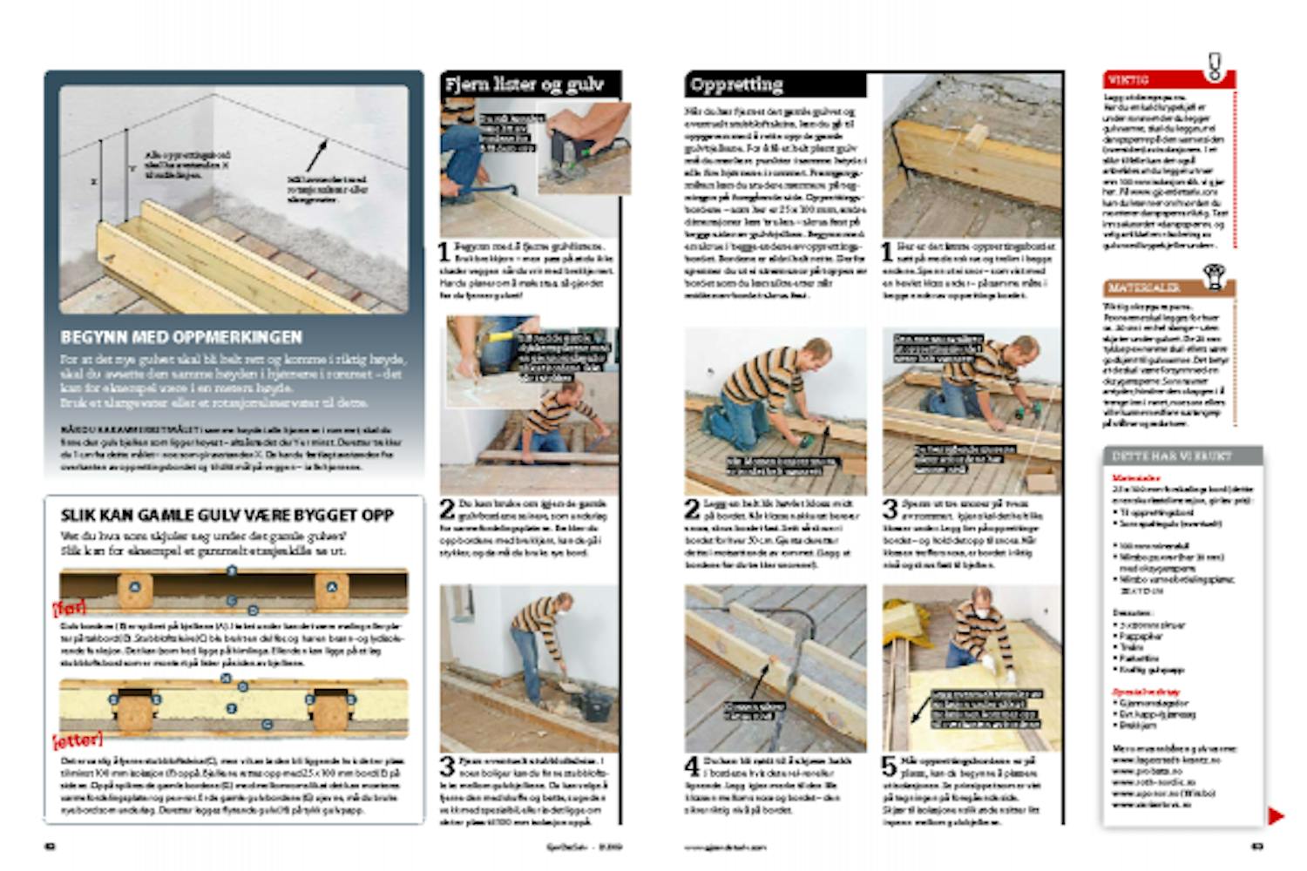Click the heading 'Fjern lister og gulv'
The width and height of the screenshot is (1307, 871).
pyautogui.click(x=525, y=84)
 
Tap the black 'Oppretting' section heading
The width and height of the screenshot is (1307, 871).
pyautogui.click(x=736, y=84)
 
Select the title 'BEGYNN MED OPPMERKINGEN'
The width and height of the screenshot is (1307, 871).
pyautogui.click(x=181, y=337)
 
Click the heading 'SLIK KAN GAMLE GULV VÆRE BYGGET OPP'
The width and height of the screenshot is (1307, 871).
pyautogui.click(x=227, y=515)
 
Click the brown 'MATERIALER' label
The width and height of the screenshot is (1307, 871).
pyautogui.click(x=1144, y=287)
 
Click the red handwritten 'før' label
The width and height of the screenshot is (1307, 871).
pyautogui.click(x=70, y=607)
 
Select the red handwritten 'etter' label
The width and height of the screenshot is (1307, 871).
pyautogui.click(x=78, y=740)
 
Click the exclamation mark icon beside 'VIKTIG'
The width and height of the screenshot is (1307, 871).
pyautogui.click(x=1215, y=66)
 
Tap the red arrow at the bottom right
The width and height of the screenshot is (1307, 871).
pyautogui.click(x=1276, y=816)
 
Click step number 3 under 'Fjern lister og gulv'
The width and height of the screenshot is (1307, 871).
pyautogui.click(x=447, y=767)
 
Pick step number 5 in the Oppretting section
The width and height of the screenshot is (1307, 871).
pyautogui.click(x=889, y=767)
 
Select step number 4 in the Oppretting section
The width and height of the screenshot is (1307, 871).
pyautogui.click(x=692, y=767)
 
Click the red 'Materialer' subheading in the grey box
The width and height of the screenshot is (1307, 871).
pyautogui.click(x=1136, y=478)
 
